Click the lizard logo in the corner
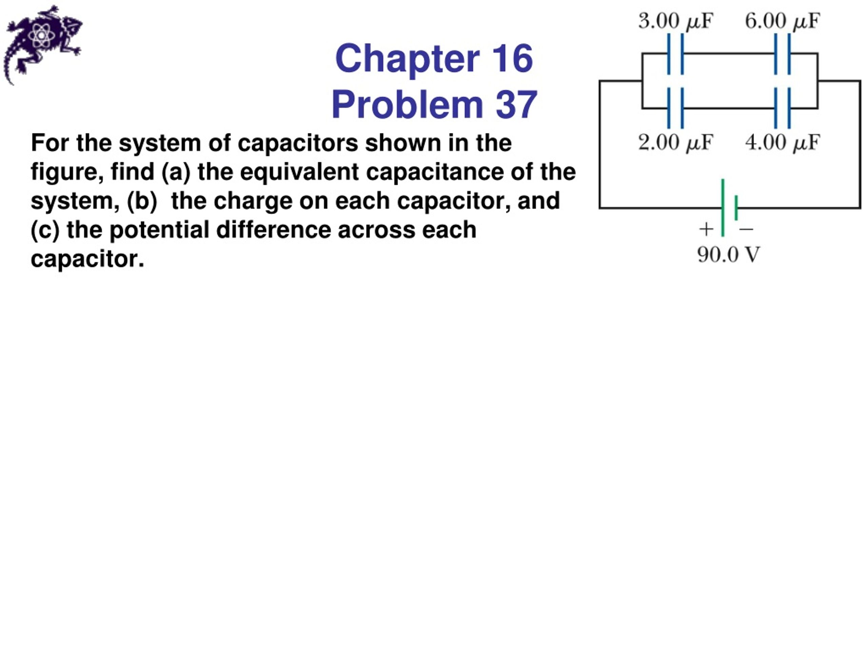42,44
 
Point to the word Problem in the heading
407,105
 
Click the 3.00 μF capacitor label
675,21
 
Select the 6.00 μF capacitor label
783,21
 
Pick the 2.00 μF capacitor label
675,142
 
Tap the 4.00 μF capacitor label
783,142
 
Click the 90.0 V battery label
729,255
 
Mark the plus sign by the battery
706,229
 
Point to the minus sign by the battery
746,229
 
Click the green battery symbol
729,208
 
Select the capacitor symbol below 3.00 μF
675,54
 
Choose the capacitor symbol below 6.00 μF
783,54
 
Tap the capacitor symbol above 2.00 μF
675,108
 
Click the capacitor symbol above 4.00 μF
783,108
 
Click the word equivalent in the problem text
299,172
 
